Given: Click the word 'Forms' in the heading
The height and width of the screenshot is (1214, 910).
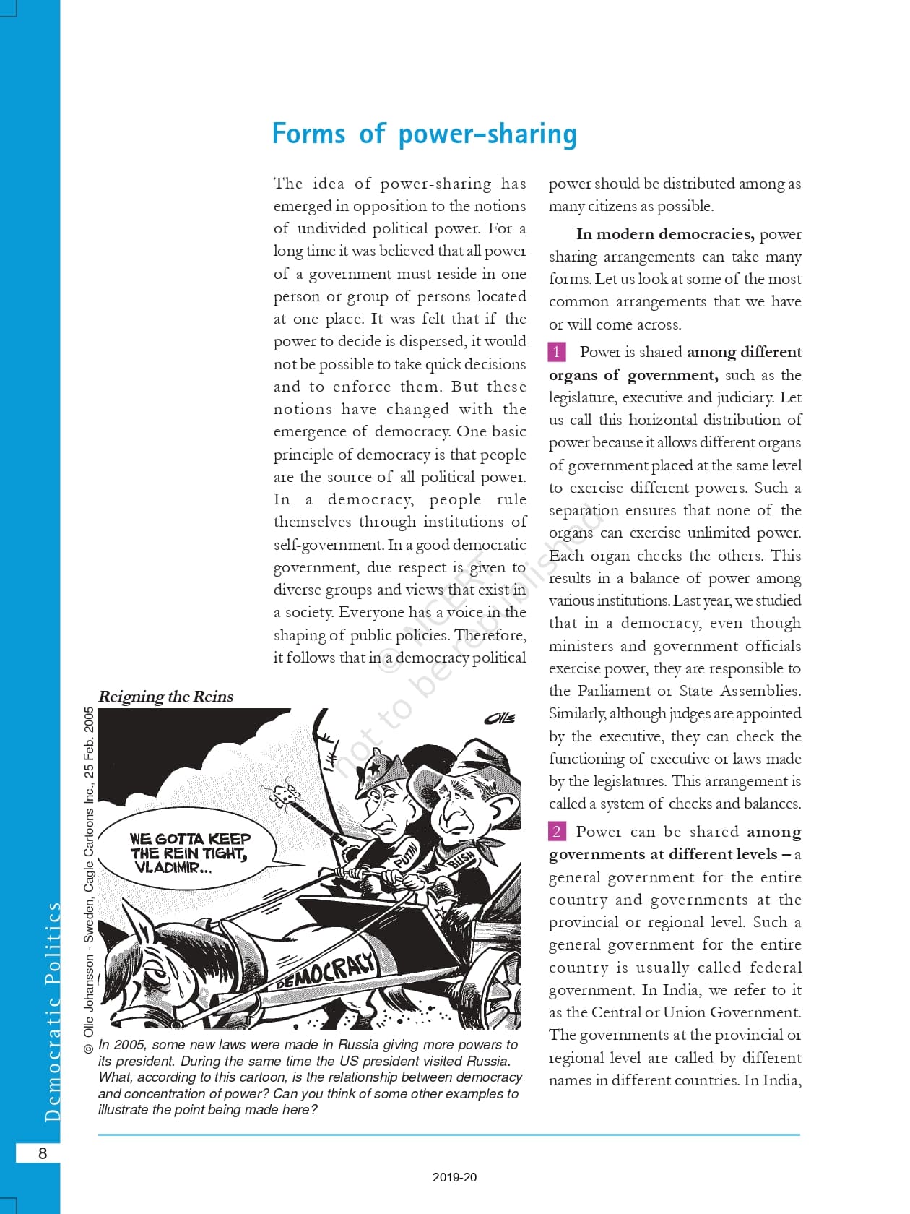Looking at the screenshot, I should click(x=308, y=134).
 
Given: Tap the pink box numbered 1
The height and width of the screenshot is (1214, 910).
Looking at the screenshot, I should click(x=557, y=352).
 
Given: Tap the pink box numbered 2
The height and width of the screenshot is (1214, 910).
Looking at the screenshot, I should click(x=557, y=831).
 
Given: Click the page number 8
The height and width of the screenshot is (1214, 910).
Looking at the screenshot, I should click(x=42, y=1153).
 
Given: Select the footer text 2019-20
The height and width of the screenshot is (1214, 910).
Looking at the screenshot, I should click(x=454, y=1177).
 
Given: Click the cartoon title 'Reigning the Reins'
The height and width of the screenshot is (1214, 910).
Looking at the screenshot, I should click(x=165, y=696).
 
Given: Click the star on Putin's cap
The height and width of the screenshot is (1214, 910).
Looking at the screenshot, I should click(x=376, y=765).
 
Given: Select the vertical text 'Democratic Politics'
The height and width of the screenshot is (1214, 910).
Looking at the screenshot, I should click(x=52, y=1012).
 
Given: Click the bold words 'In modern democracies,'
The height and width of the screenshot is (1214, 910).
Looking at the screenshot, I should click(x=665, y=234).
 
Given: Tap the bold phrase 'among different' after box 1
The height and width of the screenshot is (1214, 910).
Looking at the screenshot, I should click(x=744, y=352).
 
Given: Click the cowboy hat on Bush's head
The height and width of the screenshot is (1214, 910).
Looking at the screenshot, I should click(x=491, y=759).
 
